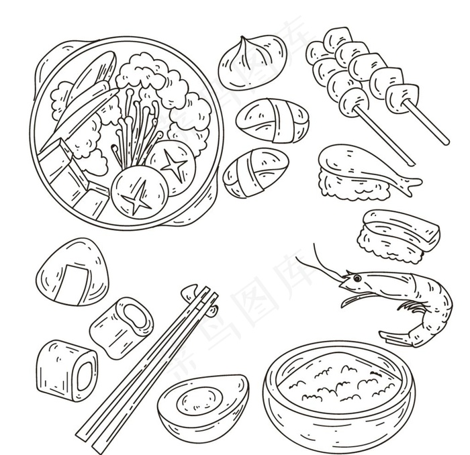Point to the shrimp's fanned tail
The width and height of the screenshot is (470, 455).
click(x=394, y=336)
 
